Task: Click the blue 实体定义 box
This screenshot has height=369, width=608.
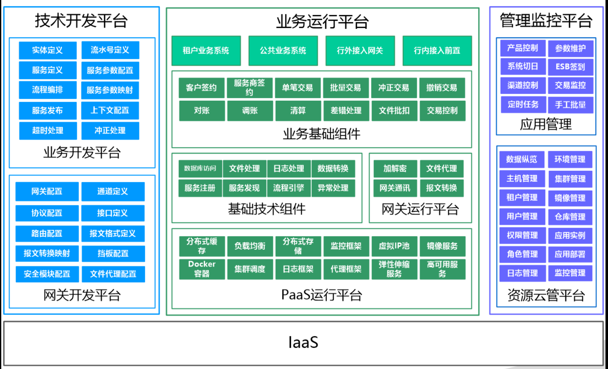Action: (47, 50)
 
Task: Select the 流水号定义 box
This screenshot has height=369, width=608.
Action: (110, 50)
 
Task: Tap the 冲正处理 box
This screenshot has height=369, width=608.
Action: (110, 131)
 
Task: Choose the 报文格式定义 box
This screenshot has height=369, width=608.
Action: (113, 233)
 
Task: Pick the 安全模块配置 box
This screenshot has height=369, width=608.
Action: (47, 274)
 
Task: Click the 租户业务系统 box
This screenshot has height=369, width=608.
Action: (206, 51)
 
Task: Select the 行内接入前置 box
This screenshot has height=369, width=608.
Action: (437, 51)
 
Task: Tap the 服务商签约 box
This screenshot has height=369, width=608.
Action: (250, 88)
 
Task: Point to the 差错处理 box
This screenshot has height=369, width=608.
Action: (346, 111)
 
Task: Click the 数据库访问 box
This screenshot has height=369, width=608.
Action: (200, 169)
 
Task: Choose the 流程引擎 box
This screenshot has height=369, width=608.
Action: (289, 188)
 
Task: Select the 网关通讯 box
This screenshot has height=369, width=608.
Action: (395, 188)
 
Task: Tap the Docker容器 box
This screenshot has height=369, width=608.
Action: (202, 269)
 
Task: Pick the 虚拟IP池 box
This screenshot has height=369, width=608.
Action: (394, 246)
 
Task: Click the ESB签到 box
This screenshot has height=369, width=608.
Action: (571, 66)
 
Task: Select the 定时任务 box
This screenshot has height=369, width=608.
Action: (523, 105)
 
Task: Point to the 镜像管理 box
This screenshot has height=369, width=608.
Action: (570, 198)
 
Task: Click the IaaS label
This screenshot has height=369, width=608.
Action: (303, 343)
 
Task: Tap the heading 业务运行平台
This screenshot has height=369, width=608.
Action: (322, 22)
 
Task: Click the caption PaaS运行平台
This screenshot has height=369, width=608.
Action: (322, 295)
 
